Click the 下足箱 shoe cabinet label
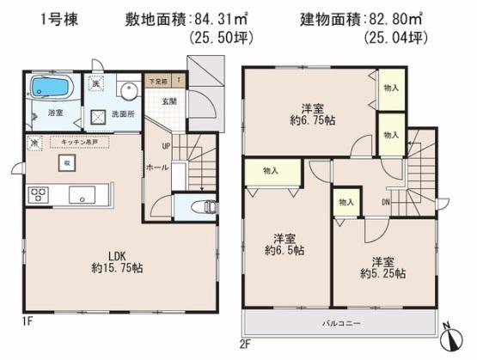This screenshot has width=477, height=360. pos(156,79)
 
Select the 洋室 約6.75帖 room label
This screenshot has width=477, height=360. pos(312,114)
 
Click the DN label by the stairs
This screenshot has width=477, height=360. pos(385,203)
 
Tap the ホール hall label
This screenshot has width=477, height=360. pos(156,167)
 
